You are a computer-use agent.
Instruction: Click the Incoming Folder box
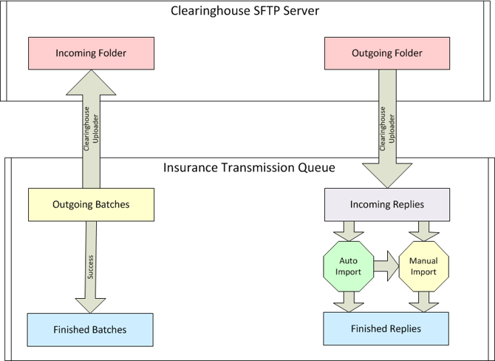91,53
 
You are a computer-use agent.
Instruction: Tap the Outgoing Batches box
91,204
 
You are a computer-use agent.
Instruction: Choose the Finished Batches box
89,329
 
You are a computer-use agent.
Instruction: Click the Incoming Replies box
388,204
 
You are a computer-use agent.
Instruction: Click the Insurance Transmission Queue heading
248,167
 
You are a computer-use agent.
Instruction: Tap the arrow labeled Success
90,266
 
